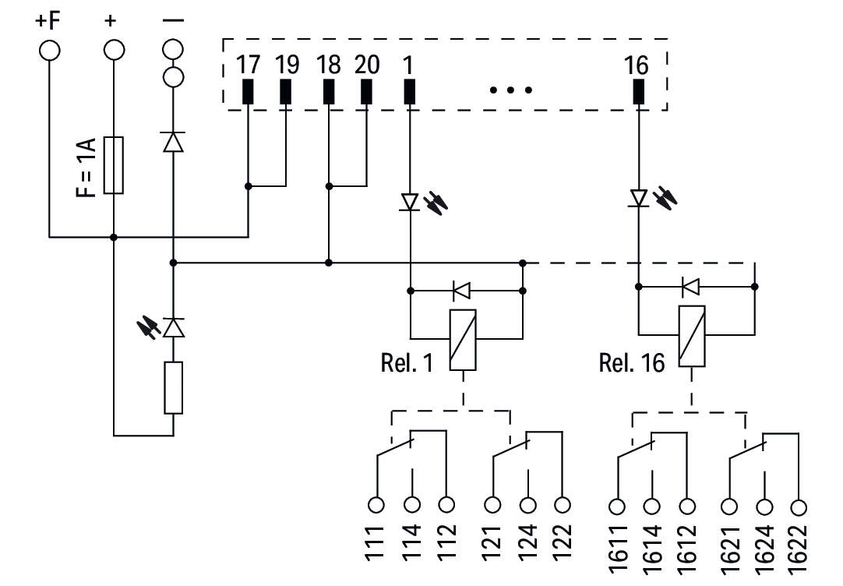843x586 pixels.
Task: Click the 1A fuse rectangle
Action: coord(114,165)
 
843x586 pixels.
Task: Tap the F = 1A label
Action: coord(86,168)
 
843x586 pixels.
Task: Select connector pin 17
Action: coord(248,91)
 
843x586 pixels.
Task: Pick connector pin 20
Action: coord(366,91)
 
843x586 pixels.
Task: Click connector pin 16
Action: coord(639,91)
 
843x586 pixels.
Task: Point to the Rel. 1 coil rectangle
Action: coord(463,341)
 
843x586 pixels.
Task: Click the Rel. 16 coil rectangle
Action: coord(692,336)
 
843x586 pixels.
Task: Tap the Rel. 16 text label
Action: coord(632,363)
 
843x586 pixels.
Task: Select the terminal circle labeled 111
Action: coord(376,505)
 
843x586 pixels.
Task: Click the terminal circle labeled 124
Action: coord(528,505)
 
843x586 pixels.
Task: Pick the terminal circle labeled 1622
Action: coord(799,507)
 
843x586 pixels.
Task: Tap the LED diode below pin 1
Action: coord(411,202)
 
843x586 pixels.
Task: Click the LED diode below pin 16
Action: coord(639,198)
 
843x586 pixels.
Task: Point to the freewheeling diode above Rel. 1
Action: coord(461,291)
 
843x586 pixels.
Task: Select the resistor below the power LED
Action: coord(173,387)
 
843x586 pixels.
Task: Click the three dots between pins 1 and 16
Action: coord(511,90)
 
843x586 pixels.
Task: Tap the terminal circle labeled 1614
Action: coord(651,507)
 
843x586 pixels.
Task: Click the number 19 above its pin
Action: coord(287,65)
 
